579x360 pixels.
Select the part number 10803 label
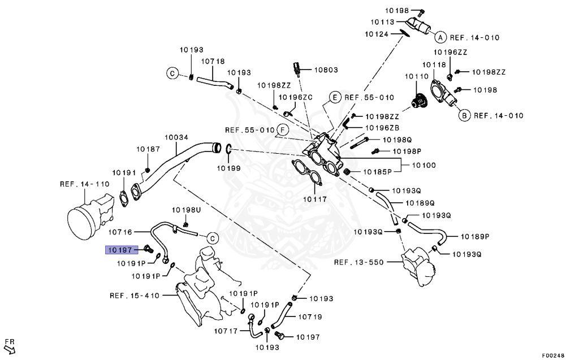[x=326, y=70]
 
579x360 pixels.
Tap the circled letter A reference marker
[x=439, y=37]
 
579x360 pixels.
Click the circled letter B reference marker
[x=463, y=116]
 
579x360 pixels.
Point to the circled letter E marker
[x=334, y=97]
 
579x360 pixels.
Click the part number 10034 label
[x=176, y=137]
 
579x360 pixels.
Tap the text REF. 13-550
[x=360, y=262]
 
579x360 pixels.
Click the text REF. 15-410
[x=135, y=295]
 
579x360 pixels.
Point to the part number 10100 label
[x=424, y=165]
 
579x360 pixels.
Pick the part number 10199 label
[x=229, y=168]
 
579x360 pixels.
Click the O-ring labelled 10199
[x=228, y=150]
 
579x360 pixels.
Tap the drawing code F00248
[x=552, y=355]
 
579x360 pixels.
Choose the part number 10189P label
[x=474, y=236]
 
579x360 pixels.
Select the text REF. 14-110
[x=84, y=184]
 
